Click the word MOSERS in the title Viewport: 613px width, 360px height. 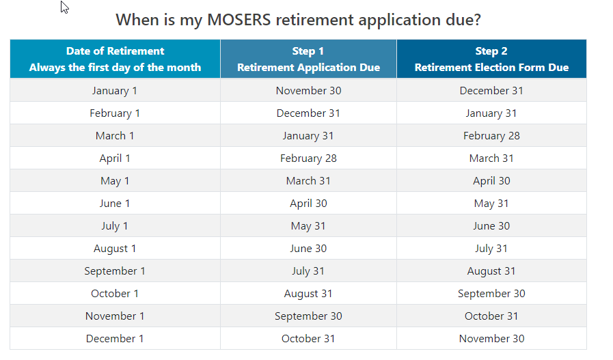[x=239, y=20]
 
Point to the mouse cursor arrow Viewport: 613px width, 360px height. [x=64, y=7]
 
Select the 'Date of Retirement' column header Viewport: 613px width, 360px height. [x=115, y=59]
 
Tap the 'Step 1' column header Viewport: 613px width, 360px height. [x=308, y=59]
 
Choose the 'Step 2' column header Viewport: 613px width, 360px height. [x=491, y=59]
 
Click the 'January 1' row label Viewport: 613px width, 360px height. [x=115, y=91]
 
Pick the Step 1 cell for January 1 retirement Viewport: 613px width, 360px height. [x=308, y=91]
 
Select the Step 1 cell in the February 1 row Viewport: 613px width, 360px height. [x=308, y=113]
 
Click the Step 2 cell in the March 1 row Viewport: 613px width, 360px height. [x=491, y=136]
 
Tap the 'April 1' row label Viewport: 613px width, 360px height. [x=115, y=158]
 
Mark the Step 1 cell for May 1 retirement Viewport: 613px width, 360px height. [x=308, y=181]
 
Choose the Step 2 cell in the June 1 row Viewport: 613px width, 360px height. [x=491, y=204]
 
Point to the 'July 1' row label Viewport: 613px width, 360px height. [x=115, y=226]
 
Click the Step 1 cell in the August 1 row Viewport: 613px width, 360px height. [x=308, y=249]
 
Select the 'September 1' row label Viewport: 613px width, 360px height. [x=115, y=271]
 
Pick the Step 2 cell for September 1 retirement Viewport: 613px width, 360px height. [x=491, y=271]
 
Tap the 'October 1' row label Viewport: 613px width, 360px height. [x=115, y=294]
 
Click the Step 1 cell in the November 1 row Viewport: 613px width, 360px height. [x=308, y=316]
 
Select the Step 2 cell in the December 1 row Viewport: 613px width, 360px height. [x=491, y=339]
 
